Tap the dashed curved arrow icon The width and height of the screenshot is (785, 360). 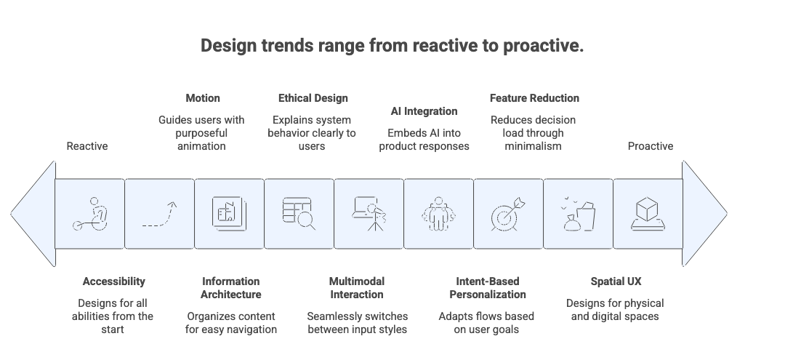159,215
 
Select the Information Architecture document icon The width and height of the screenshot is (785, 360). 229,214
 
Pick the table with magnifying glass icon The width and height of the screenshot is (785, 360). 299,214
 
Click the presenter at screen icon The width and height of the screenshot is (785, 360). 369,215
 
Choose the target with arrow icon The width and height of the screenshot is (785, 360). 508,215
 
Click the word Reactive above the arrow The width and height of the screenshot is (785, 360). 87,146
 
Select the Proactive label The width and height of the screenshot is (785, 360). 650,146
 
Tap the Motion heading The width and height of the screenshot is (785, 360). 202,97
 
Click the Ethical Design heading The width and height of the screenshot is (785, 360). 313,97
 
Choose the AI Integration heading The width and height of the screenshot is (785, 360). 424,111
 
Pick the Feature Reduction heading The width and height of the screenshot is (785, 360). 534,97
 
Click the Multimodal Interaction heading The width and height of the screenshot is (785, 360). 356,287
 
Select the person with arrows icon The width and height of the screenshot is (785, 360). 438,215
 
